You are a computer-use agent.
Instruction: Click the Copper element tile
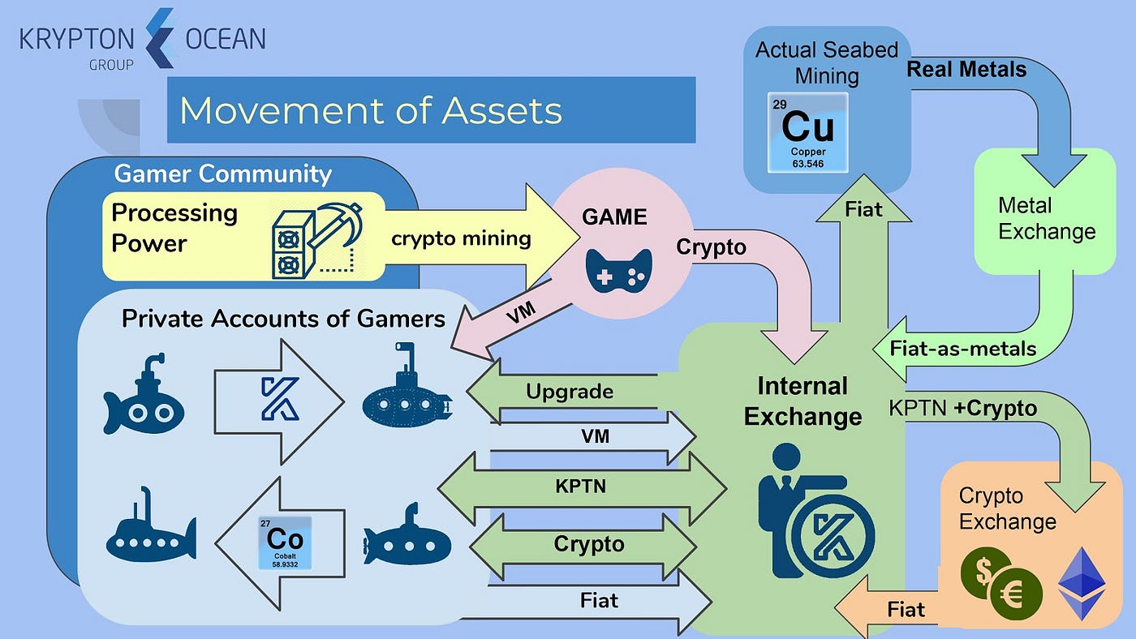click(807, 133)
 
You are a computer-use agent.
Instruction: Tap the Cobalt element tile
click(285, 542)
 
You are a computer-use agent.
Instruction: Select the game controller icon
click(618, 270)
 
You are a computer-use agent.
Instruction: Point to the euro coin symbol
click(1016, 596)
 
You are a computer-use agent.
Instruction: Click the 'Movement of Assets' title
click(371, 110)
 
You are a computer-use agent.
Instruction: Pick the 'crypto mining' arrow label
click(461, 238)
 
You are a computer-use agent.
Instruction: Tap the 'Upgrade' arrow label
click(569, 392)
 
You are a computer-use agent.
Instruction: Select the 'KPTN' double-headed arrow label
click(580, 487)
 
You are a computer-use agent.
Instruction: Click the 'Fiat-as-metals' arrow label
click(963, 349)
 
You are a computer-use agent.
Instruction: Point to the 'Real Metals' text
click(966, 70)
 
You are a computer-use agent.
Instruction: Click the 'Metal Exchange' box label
click(1046, 219)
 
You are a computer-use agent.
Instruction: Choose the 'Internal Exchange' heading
click(803, 401)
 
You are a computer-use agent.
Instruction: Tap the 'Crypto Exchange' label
click(1007, 508)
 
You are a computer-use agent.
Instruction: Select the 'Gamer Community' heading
click(222, 174)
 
